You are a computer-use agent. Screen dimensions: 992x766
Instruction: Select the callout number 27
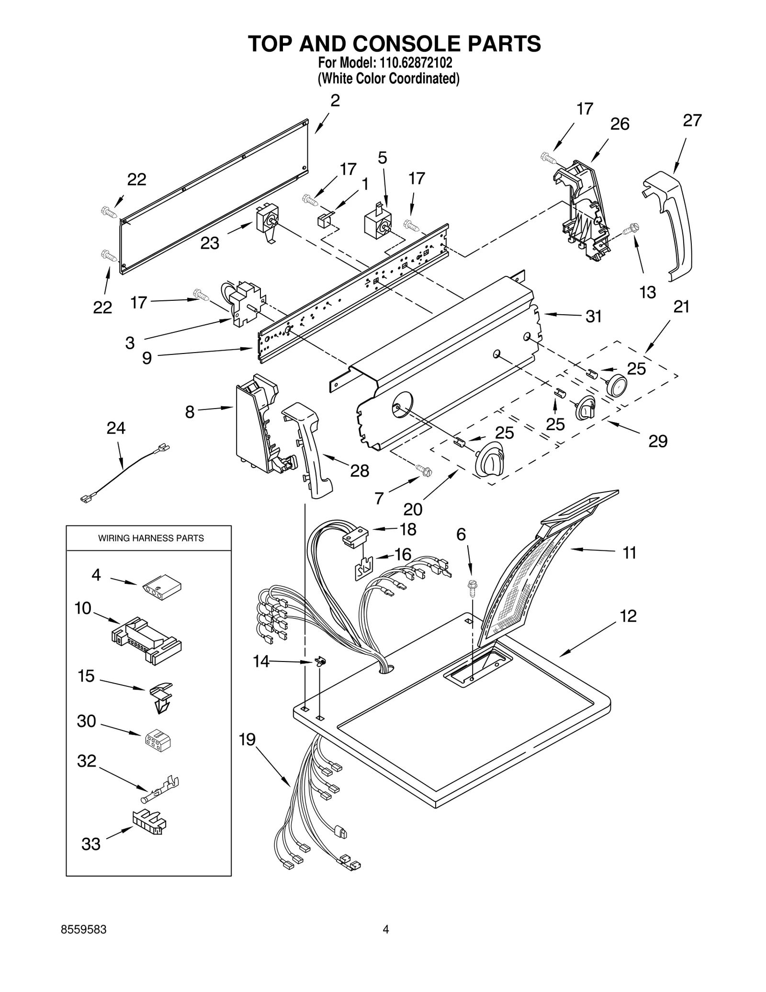point(692,121)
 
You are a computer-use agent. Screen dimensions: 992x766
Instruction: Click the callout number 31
point(593,317)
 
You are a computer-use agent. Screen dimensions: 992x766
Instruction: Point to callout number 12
point(628,616)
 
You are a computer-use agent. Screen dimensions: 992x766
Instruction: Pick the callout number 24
point(116,428)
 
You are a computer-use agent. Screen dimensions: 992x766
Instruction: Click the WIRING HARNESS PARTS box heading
point(151,538)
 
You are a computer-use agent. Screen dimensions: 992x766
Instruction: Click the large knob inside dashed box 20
point(488,461)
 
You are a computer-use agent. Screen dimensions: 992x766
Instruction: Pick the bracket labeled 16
point(363,569)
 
